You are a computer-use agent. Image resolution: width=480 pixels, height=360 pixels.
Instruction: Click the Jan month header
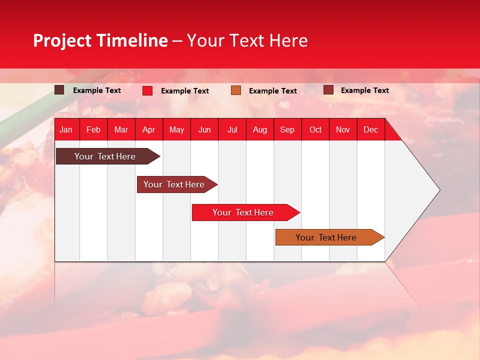pyautogui.click(x=66, y=129)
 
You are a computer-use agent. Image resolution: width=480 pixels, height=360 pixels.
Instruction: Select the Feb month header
pyautogui.click(x=93, y=129)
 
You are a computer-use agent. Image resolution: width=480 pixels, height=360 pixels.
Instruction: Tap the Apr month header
pyautogui.click(x=149, y=129)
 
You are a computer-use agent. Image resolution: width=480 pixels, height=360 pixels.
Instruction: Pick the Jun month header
pyautogui.click(x=204, y=129)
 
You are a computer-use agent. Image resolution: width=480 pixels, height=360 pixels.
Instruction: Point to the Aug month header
pyautogui.click(x=260, y=129)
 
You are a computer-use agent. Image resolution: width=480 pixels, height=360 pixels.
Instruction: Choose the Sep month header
pyautogui.click(x=287, y=129)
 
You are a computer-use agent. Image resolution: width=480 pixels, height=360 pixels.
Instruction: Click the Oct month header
pyautogui.click(x=315, y=129)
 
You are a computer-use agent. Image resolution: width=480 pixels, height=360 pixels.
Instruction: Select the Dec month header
pyautogui.click(x=371, y=129)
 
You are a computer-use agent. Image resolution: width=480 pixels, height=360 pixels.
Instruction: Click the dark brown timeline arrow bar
pyautogui.click(x=105, y=156)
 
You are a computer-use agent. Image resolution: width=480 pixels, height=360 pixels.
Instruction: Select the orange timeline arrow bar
pyautogui.click(x=326, y=237)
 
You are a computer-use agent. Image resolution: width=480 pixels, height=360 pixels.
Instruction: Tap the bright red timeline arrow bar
pyautogui.click(x=243, y=212)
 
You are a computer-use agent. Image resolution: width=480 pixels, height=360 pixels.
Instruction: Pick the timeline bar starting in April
pyautogui.click(x=174, y=184)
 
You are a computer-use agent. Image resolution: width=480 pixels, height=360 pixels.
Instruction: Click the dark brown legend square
pyautogui.click(x=59, y=90)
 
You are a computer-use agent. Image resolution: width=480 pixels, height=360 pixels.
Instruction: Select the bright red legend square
pyautogui.click(x=147, y=90)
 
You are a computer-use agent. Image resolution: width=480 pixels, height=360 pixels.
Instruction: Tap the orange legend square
pyautogui.click(x=236, y=90)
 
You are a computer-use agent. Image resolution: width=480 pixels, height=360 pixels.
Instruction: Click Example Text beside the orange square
pyautogui.click(x=273, y=91)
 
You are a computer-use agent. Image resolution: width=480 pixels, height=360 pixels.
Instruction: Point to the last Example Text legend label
pyautogui.click(x=365, y=90)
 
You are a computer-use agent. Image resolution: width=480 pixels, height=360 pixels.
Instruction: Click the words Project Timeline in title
pyautogui.click(x=100, y=40)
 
